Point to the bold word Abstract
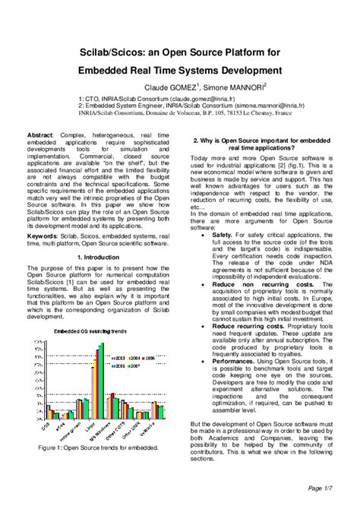40,134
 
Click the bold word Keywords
43,236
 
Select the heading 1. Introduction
100,258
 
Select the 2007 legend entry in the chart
133,365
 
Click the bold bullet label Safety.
223,236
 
